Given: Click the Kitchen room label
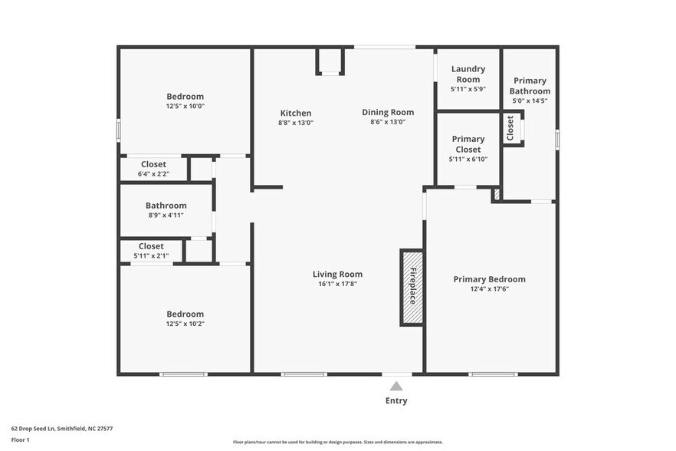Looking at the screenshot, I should (295, 113).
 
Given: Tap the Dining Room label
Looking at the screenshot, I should (388, 112).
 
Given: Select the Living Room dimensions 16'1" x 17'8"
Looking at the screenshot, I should (337, 284).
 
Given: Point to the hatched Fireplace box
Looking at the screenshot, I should (412, 287).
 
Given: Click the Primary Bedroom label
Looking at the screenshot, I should (489, 279).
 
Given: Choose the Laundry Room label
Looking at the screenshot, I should (468, 74).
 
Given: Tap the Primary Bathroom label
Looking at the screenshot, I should (530, 86).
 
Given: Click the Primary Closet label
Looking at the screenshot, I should (468, 144).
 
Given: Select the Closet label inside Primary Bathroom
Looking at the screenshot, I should (510, 128).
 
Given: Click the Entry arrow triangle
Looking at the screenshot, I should (395, 386).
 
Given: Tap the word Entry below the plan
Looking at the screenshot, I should (395, 400).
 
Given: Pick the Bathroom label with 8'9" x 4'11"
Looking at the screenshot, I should (166, 206).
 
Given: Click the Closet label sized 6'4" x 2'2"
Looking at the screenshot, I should (153, 164).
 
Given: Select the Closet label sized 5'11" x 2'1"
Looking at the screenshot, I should (151, 246).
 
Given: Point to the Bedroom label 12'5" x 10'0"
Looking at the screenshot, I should (185, 97).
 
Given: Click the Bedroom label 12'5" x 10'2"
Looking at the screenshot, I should (185, 314).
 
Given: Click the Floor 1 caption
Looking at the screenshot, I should (20, 439).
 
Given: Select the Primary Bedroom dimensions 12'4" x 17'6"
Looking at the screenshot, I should (489, 288).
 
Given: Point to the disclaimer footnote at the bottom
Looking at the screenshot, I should (337, 442).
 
